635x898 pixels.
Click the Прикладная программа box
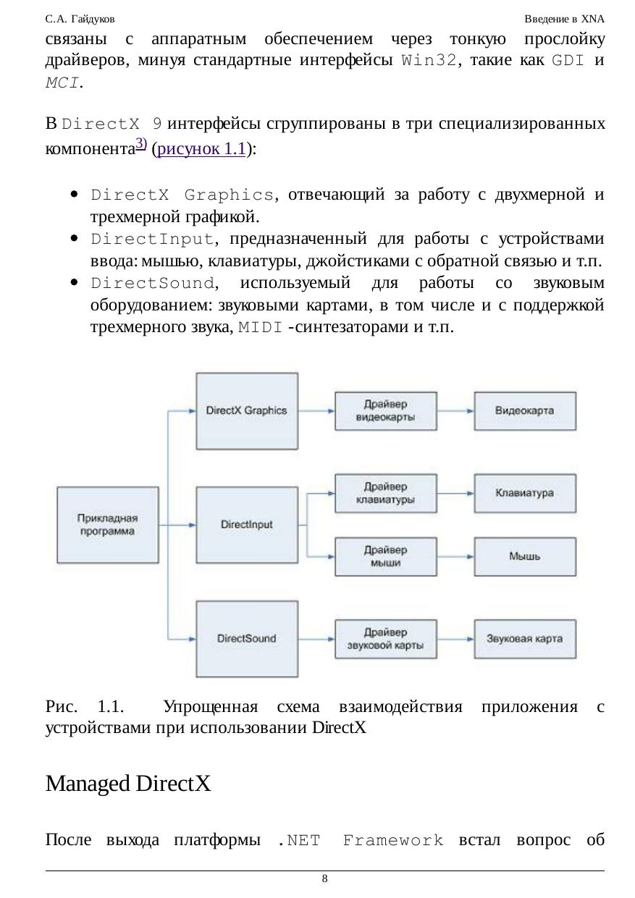pos(107,525)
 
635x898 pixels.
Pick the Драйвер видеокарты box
pos(386,411)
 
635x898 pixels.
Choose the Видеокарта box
pos(525,410)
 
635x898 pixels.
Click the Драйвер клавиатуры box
pos(386,493)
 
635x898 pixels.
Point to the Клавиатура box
pos(525,493)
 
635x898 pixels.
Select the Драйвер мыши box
pos(386,556)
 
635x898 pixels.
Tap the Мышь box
pos(525,556)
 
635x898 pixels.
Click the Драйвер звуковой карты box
pos(386,639)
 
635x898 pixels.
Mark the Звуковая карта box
pos(525,639)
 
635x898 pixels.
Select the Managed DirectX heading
pos(128,783)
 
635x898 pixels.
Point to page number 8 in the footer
pos(324,878)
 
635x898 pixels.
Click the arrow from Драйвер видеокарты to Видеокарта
pos(455,411)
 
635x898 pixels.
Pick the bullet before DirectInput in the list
pos(75,239)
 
